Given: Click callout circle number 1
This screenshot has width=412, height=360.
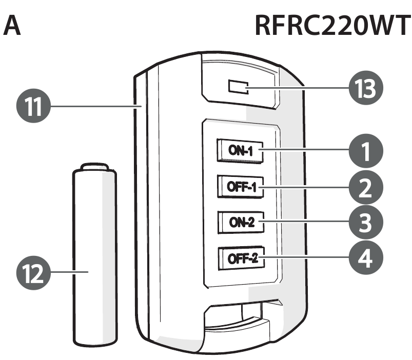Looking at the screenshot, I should [365, 151].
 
